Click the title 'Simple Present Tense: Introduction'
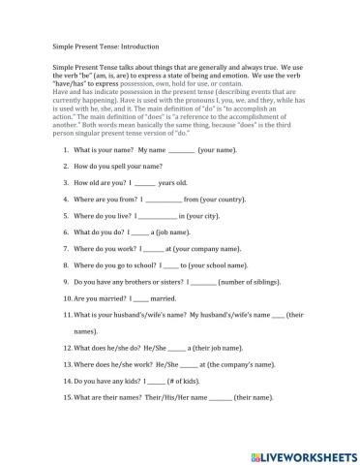coord(106,46)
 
